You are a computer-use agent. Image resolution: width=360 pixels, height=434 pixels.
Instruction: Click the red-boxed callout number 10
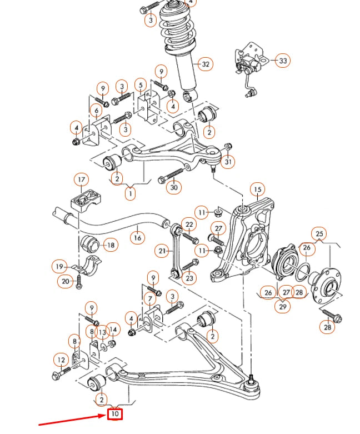point(115,413)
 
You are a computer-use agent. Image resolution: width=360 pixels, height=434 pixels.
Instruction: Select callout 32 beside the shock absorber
point(206,64)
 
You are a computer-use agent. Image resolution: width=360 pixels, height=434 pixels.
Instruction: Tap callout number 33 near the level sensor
point(283,61)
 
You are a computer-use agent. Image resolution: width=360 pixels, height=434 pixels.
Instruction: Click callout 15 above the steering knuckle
point(257,190)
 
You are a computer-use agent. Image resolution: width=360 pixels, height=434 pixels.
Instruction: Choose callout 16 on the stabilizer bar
point(137,238)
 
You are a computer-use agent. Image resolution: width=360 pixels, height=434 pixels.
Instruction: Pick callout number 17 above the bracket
point(82,179)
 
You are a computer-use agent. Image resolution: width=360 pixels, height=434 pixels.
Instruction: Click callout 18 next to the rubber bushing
point(111,245)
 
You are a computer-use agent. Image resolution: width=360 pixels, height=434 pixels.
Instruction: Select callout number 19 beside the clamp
point(61,267)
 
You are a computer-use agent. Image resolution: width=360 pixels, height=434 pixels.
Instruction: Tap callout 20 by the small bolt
point(66,282)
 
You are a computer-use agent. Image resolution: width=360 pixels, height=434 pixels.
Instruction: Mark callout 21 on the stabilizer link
point(162,251)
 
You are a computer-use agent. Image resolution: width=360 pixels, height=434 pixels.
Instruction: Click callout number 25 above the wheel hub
point(319,233)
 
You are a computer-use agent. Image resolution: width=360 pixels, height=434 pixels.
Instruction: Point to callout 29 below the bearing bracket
point(283,306)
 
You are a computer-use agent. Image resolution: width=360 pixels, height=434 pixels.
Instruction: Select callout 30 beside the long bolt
point(174,188)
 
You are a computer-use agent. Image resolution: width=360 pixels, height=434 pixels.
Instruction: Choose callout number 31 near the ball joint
point(228,162)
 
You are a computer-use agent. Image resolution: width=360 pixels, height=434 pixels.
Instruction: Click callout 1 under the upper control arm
point(131,194)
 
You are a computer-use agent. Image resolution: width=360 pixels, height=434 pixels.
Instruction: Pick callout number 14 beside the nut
point(113,330)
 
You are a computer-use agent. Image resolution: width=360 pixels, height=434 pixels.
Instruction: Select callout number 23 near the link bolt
point(189,278)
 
